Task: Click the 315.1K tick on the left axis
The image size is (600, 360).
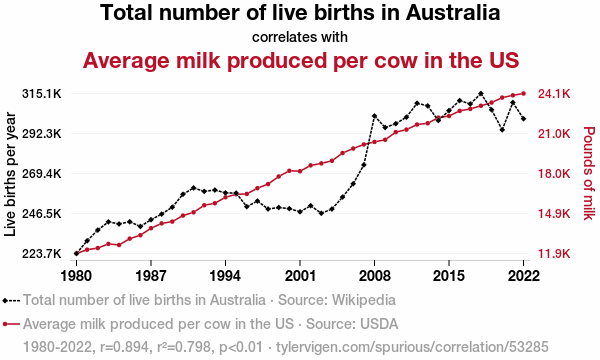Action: [x=42, y=94]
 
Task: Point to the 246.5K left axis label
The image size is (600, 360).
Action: [x=42, y=213]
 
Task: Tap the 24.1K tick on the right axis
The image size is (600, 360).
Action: [x=554, y=94]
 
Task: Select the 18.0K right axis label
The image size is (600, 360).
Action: [x=554, y=174]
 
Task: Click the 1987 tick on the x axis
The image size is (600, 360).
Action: [x=151, y=275]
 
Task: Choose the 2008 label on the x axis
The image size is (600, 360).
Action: [x=374, y=275]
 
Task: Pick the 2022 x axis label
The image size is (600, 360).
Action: [x=523, y=275]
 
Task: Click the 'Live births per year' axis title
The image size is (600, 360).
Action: [x=10, y=174]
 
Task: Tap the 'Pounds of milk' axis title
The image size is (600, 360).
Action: [x=589, y=173]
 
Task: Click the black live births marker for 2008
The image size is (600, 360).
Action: [x=374, y=116]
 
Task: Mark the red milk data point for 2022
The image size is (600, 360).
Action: [x=523, y=93]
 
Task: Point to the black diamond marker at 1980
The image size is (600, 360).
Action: [x=77, y=253]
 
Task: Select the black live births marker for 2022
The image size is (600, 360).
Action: [x=523, y=119]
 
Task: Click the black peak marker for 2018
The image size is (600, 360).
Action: [x=481, y=93]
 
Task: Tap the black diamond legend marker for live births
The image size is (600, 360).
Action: [x=5, y=301]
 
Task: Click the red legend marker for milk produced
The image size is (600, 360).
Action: [x=5, y=324]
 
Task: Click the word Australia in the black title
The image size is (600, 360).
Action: [x=453, y=13]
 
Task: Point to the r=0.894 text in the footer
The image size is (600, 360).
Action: [x=124, y=347]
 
